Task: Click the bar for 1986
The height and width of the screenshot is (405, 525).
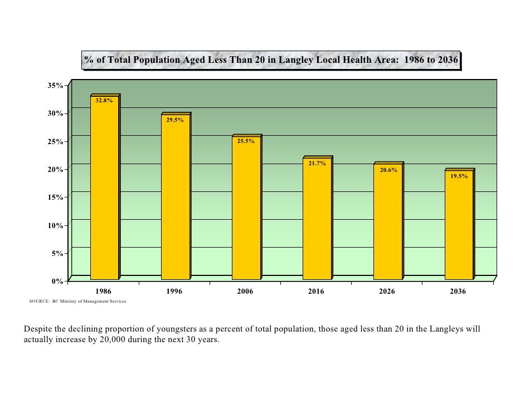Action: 104,189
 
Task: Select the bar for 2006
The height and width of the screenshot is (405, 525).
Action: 246,209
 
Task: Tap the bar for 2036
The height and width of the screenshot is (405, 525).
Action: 458,225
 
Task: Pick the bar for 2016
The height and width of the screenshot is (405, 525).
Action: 317,220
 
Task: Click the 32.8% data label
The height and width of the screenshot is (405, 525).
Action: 104,101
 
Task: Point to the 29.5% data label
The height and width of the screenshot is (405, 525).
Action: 175,120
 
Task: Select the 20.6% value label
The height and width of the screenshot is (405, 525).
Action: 388,170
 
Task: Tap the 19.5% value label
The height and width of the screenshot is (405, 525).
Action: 459,176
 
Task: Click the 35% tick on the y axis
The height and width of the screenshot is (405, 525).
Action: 55,86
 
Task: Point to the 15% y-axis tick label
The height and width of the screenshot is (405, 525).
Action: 55,197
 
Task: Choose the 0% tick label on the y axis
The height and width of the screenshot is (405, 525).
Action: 57,281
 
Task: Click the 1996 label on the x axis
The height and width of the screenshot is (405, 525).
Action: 174,292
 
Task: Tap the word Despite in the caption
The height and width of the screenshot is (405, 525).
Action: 37,329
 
